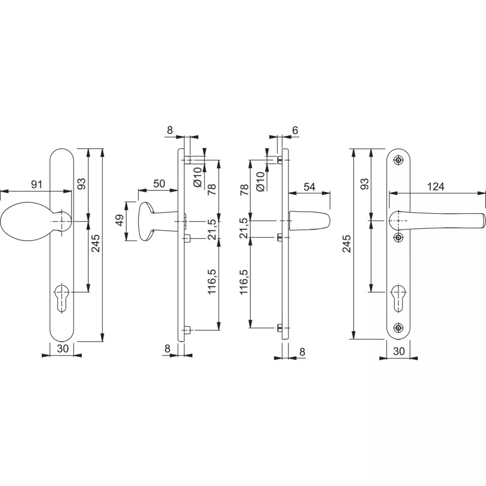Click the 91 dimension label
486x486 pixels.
tap(36, 185)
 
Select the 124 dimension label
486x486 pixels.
tap(436, 187)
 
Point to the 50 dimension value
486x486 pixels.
tap(159, 184)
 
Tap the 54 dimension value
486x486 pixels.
tap(309, 187)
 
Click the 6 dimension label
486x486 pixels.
tap(295, 131)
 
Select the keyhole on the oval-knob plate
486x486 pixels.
tap(62, 298)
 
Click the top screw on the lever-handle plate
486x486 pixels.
tap(398, 160)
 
